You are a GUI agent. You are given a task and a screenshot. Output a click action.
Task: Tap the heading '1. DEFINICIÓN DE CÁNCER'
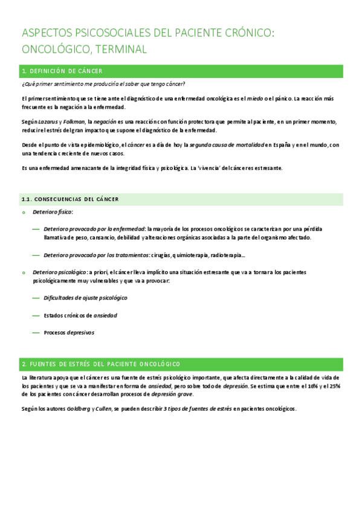point(62,71)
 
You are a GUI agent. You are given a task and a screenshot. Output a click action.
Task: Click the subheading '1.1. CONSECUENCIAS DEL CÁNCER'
point(70,199)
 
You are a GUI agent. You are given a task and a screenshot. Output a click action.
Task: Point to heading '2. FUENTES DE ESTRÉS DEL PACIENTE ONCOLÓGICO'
point(101,364)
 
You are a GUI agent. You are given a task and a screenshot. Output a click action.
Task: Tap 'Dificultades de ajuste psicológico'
point(85,298)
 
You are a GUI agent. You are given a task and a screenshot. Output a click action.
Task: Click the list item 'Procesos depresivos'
point(69,333)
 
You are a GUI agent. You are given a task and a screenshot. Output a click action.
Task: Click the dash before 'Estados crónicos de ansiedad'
point(36,315)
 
